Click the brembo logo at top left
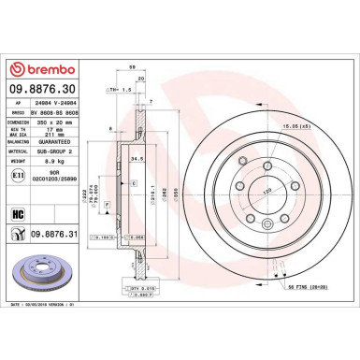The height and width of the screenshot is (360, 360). [36, 71]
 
